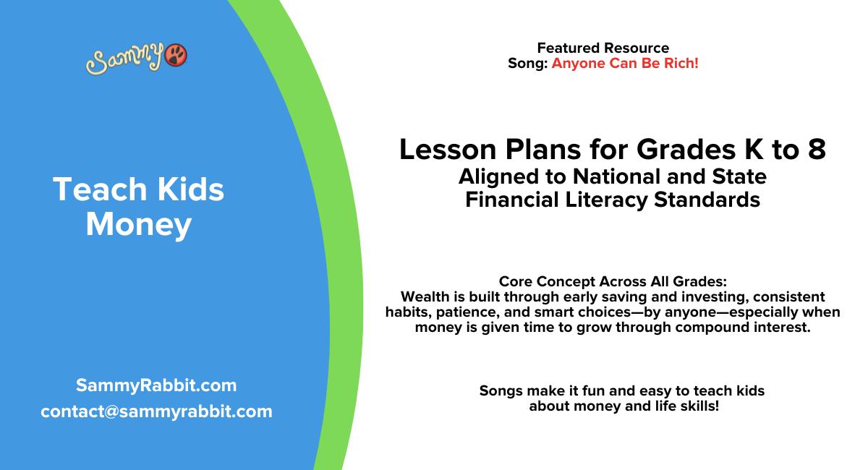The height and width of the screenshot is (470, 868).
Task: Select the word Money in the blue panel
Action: coord(138,224)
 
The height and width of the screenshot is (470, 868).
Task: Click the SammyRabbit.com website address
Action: coord(156,385)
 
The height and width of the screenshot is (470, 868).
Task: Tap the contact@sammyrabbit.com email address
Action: coord(156,411)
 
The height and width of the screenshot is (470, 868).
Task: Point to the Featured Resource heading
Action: coord(603,48)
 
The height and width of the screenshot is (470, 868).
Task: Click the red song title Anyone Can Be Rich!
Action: coord(625,63)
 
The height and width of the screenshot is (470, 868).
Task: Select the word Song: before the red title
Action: coord(528,63)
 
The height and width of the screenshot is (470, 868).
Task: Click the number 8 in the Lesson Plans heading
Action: coord(816,150)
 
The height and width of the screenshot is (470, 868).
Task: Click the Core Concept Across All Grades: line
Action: coord(613,282)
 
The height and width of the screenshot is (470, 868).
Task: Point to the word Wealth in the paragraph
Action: coord(425,297)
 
